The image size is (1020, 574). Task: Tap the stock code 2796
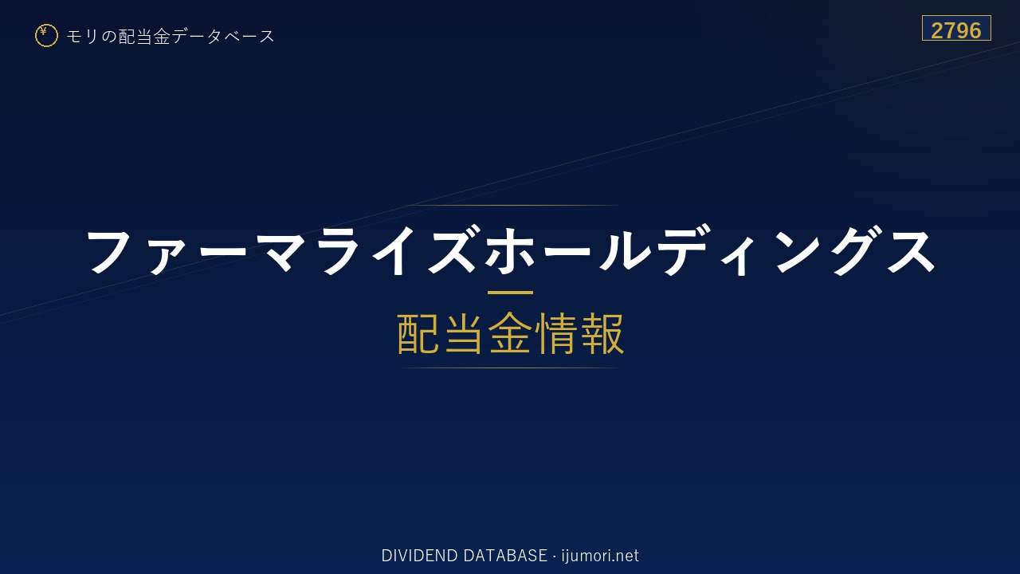956,30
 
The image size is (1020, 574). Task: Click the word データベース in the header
224,37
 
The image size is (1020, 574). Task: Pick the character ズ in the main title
452,250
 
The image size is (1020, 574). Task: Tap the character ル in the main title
624,250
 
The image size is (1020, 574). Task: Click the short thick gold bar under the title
510,293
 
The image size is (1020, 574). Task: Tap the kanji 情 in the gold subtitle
556,333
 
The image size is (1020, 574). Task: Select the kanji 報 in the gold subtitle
602,333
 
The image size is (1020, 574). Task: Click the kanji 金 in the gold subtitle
510,333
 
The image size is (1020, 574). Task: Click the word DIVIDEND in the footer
419,556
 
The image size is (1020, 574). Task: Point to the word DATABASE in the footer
505,556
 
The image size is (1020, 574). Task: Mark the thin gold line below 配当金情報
510,368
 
